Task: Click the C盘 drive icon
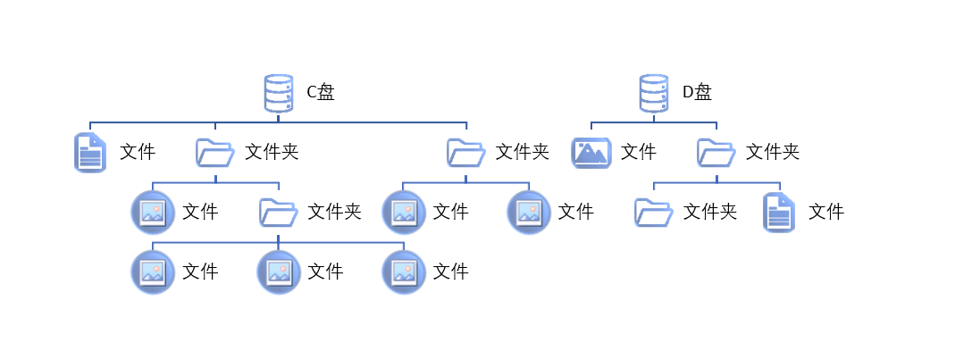pos(278,93)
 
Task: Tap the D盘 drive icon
pos(654,93)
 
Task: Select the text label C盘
pos(321,92)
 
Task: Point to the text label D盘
pos(697,92)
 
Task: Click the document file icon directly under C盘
pos(89,153)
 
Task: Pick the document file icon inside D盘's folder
pos(778,213)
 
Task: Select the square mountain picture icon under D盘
pos(591,153)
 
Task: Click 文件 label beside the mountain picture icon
pos(639,152)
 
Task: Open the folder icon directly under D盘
pos(716,153)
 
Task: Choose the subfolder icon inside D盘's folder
pos(654,213)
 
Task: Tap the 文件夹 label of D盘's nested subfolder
pos(710,212)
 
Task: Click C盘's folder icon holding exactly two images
pos(465,153)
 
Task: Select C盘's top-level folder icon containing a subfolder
pos(214,153)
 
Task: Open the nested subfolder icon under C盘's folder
pos(278,213)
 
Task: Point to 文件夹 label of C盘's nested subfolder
pos(334,212)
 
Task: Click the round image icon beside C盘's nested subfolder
pos(153,213)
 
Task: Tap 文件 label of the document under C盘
pos(138,152)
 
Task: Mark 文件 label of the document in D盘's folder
pos(826,212)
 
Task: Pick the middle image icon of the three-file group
pos(278,272)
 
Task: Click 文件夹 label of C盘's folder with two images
pos(523,152)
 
